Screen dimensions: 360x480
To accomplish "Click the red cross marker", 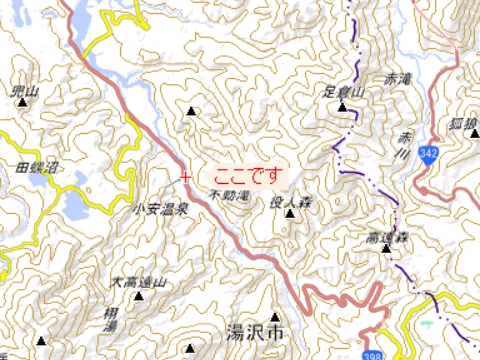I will pyautogui.click(x=184, y=177).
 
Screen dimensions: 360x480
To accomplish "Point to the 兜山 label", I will pyautogui.click(x=23, y=91).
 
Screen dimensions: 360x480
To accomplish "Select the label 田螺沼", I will pyautogui.click(x=36, y=166).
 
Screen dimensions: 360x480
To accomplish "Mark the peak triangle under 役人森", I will pyautogui.click(x=290, y=213).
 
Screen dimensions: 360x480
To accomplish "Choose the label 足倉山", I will pyautogui.click(x=347, y=91).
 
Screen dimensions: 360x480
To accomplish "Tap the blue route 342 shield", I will pyautogui.click(x=430, y=153).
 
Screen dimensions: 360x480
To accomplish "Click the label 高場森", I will pyautogui.click(x=386, y=237).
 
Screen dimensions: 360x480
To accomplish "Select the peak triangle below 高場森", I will pyautogui.click(x=386, y=249).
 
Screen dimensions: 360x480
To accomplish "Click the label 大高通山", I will pyautogui.click(x=139, y=282).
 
